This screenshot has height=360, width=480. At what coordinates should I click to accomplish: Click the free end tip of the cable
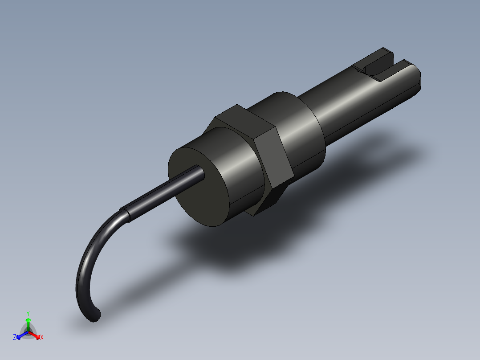[95, 316]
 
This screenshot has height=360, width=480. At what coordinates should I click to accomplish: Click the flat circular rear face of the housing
[198, 187]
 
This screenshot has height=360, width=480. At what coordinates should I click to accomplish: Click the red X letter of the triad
[42, 337]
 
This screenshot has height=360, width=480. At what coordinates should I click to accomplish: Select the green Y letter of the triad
[28, 313]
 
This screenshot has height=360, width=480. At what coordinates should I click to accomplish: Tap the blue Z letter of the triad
[15, 337]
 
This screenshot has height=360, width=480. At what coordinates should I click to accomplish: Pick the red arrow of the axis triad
[36, 334]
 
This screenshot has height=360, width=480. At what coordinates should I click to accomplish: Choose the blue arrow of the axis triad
[21, 335]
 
